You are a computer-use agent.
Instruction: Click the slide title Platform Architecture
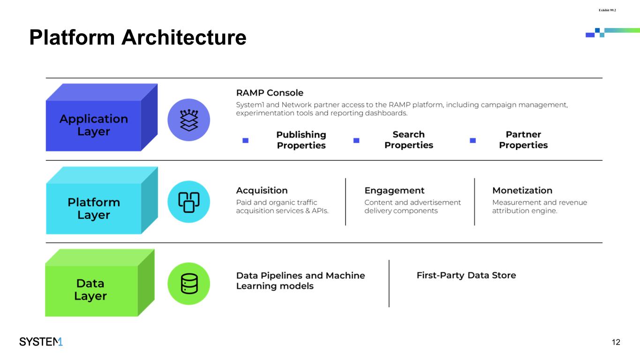tap(137, 37)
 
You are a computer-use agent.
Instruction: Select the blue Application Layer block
tap(94, 125)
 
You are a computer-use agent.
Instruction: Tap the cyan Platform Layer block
tap(94, 208)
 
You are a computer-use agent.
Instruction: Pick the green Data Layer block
tap(90, 290)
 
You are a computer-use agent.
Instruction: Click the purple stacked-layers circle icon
tap(188, 120)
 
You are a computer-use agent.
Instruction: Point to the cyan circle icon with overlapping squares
tap(188, 202)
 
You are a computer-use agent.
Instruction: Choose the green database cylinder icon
tap(188, 284)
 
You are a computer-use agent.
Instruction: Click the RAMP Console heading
tap(270, 93)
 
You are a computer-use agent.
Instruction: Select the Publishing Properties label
tap(301, 140)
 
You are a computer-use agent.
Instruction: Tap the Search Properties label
tap(408, 140)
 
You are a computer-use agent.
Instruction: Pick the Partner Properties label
tap(523, 140)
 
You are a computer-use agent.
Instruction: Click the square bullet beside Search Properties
tap(356, 140)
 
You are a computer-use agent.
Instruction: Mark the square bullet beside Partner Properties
tap(473, 140)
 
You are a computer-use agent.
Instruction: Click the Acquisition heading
tap(262, 190)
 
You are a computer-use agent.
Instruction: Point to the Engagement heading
tap(394, 190)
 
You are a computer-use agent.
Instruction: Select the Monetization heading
tap(522, 190)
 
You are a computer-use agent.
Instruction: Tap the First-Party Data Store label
tap(466, 275)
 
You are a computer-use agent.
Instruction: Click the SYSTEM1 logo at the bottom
tap(41, 342)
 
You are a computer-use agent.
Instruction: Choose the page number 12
tap(616, 342)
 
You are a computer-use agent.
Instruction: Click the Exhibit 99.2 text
tap(607, 9)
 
